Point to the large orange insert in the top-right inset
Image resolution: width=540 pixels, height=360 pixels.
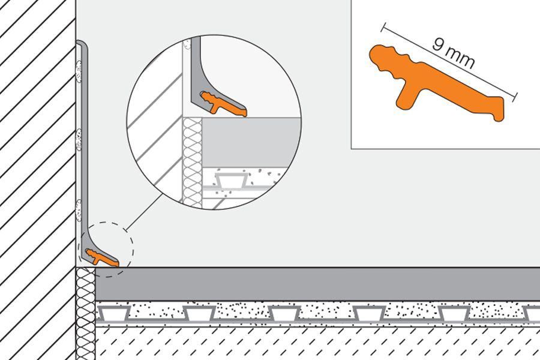tap(438, 84)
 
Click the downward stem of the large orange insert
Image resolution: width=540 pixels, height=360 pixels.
tap(407, 97)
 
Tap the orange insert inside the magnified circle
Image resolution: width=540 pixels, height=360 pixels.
tap(225, 104)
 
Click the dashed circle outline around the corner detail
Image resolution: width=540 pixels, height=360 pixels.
tap(133, 246)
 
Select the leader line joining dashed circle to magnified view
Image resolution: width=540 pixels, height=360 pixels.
tap(144, 210)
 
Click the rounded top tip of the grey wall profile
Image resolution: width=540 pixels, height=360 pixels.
tap(83, 43)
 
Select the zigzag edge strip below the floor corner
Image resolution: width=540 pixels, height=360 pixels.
tap(85, 312)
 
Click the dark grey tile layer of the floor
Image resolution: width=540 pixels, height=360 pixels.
tap(312, 284)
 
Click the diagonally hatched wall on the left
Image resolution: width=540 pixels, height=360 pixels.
tap(36, 180)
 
